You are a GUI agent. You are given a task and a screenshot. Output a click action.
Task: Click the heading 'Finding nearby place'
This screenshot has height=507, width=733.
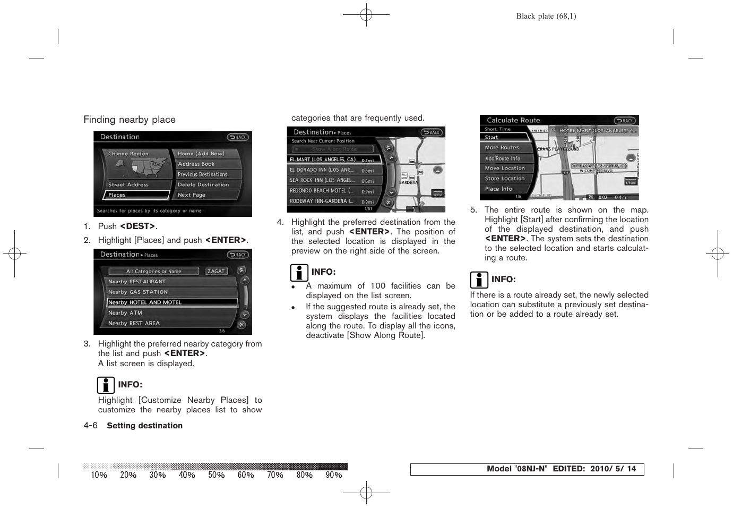click(130, 120)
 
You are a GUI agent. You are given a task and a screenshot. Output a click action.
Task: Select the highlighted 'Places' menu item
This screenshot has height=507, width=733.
click(136, 195)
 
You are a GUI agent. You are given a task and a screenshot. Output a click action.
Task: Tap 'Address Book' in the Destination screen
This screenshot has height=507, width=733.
click(196, 164)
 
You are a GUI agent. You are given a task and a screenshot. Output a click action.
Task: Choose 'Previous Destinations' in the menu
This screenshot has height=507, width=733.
click(202, 174)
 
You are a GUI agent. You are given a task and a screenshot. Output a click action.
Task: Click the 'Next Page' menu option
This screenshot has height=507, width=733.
click(192, 195)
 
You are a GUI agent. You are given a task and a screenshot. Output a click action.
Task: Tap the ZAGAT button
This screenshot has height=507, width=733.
click(216, 271)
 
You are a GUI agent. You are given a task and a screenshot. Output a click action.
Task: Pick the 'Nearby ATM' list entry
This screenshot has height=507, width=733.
click(125, 313)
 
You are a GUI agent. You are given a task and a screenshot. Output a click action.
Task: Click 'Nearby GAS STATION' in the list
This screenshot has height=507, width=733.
click(138, 292)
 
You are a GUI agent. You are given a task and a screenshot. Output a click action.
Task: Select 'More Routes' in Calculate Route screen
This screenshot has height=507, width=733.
click(502, 148)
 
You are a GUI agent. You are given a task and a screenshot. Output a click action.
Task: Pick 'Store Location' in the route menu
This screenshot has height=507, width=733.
click(505, 179)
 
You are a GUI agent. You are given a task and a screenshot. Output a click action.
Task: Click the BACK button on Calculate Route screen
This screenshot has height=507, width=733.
click(625, 121)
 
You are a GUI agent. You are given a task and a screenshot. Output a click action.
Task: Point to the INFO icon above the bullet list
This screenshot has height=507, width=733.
click(299, 273)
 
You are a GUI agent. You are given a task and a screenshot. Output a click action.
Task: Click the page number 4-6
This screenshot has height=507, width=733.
click(90, 426)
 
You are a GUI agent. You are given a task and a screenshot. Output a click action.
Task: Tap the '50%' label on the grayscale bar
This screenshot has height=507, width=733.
click(216, 475)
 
